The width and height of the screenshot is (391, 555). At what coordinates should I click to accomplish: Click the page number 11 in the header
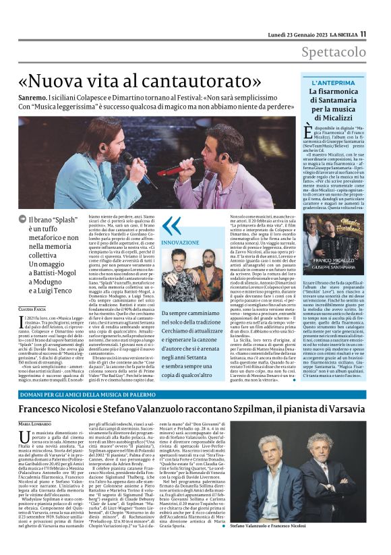[363, 33]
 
